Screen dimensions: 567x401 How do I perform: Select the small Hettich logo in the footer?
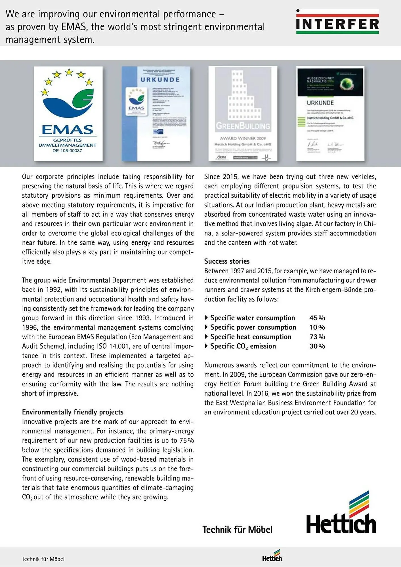pos(272,556)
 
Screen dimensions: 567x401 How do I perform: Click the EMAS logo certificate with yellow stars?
pos(68,114)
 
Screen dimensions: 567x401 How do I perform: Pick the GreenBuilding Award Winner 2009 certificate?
pos(243,114)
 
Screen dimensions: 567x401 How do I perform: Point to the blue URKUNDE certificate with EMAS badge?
pos(156,114)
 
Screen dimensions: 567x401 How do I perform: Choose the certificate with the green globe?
pos(330,114)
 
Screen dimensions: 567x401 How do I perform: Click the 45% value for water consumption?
pos(317,318)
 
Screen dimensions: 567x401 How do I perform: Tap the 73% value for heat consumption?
pos(317,337)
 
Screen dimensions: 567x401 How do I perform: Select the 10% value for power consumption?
pos(317,327)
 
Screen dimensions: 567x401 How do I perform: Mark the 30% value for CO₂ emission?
pos(317,346)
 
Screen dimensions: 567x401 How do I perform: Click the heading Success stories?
pos(227,261)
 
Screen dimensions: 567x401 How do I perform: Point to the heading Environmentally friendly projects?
pos(73,412)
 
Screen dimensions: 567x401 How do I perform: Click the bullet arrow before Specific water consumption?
pos(206,318)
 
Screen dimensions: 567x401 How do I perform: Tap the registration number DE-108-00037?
pos(67,151)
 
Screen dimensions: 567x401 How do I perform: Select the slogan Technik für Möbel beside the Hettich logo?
pos(237,530)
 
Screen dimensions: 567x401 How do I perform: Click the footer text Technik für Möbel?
pos(43,559)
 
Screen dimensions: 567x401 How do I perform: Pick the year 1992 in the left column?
pos(53,290)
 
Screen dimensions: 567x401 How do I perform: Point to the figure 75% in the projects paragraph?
pos(186,441)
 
